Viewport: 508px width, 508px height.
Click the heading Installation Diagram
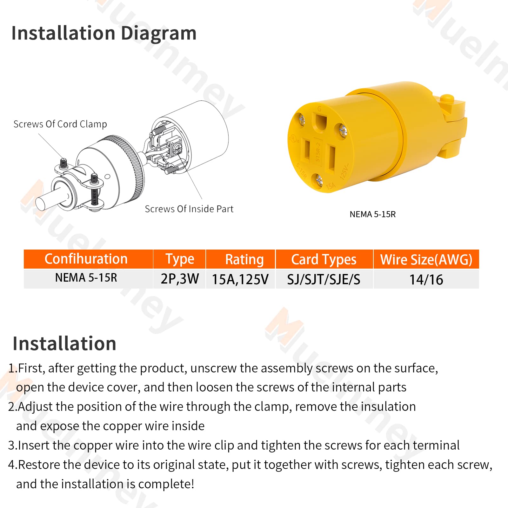point(104,33)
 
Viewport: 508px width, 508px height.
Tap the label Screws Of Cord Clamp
point(60,124)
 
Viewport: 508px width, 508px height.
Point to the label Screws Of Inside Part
point(189,209)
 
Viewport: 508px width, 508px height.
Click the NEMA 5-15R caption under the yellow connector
point(372,214)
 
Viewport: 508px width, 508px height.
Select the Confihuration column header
point(86,259)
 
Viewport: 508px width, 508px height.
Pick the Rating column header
point(244,259)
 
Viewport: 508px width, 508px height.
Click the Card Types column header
point(324,259)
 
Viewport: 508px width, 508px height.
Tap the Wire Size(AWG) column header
point(426,259)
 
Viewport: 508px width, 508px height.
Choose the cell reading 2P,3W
point(180,279)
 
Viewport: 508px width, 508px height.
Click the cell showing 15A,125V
point(240,279)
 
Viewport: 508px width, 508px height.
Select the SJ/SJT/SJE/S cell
point(324,279)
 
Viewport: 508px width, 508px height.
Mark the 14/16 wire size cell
point(426,279)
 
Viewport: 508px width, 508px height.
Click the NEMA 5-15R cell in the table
point(86,278)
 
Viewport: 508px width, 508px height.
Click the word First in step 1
point(31,368)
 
